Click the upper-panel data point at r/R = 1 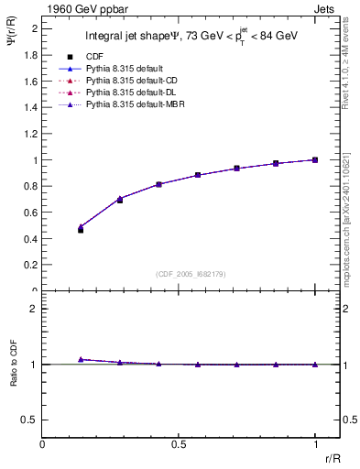pos(315,159)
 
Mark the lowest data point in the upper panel pos(81,230)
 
